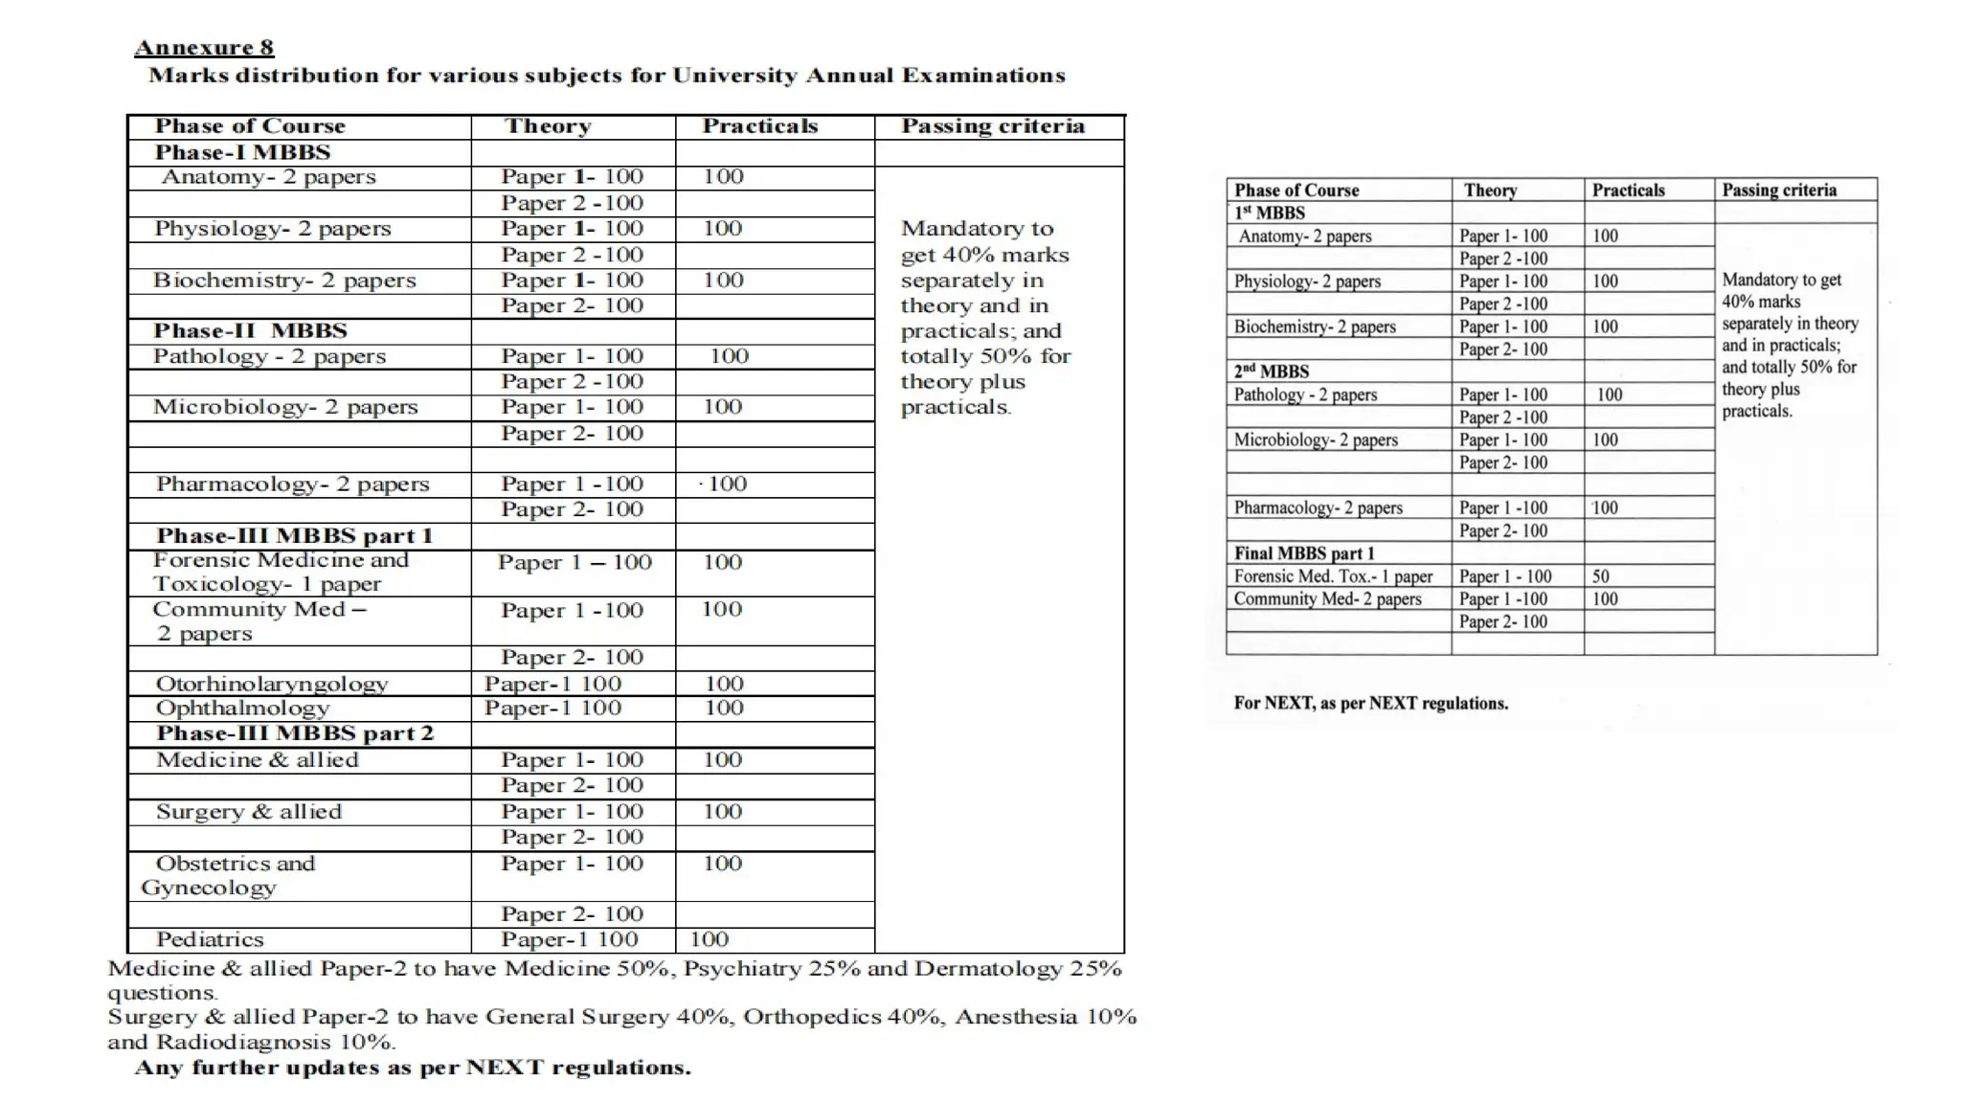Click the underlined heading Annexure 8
[204, 47]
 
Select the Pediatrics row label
[210, 939]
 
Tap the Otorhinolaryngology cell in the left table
[272, 684]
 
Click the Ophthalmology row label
[242, 709]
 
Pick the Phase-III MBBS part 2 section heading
[295, 733]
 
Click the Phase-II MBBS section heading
[250, 330]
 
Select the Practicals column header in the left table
[759, 126]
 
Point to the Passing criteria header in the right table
[1778, 190]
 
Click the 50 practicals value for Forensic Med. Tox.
[1600, 576]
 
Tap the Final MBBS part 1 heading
[1303, 553]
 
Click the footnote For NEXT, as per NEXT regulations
[1370, 703]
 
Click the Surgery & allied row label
[249, 812]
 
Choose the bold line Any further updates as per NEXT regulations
[413, 1068]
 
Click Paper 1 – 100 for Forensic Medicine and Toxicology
[575, 562]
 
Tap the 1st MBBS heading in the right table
[1269, 213]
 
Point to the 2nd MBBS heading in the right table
[1271, 371]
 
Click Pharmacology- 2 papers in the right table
[1318, 507]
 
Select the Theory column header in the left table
[548, 126]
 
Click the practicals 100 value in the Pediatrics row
[709, 939]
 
